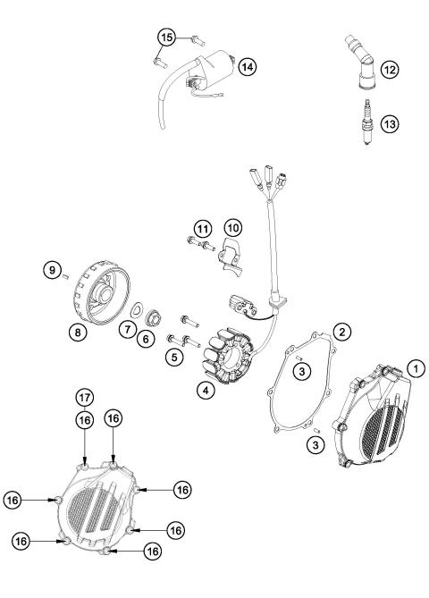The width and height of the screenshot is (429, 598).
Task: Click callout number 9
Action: [x=52, y=271]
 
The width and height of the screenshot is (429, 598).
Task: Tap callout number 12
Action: [x=391, y=68]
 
